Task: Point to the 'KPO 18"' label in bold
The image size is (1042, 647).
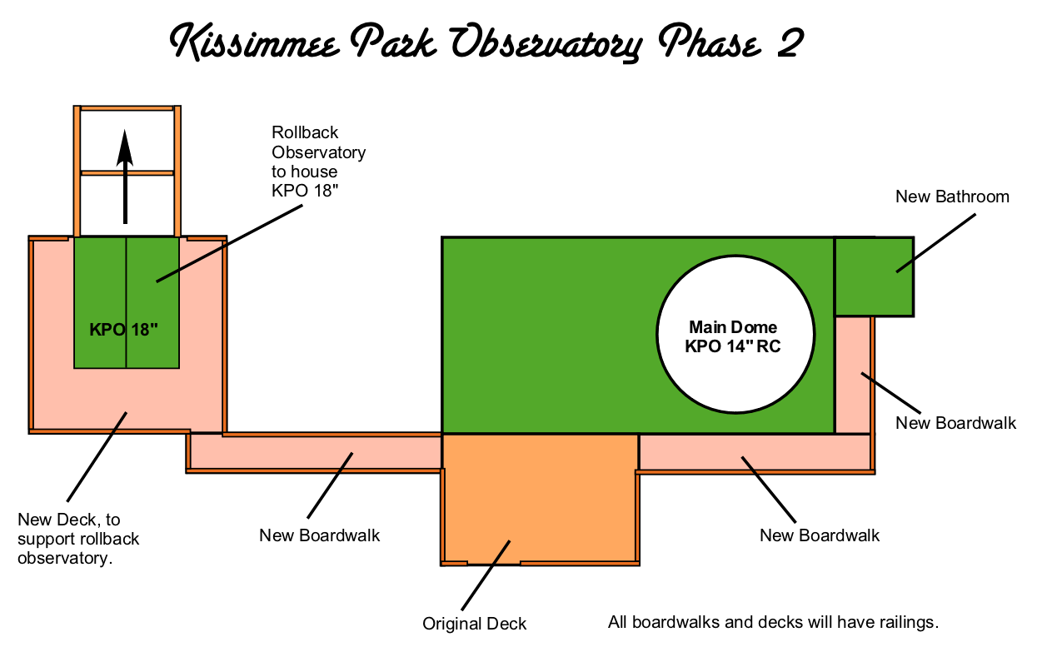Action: pyautogui.click(x=123, y=329)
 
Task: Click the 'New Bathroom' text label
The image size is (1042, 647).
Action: pyautogui.click(x=952, y=197)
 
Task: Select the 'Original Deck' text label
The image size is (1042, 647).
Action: pyautogui.click(x=474, y=624)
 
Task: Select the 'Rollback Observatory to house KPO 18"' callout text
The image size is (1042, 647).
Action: pyautogui.click(x=317, y=162)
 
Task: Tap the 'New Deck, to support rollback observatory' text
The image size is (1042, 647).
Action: pyautogui.click(x=78, y=539)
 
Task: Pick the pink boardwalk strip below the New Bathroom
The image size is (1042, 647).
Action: pyautogui.click(x=853, y=375)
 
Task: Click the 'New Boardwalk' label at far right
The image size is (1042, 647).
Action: pyautogui.click(x=955, y=423)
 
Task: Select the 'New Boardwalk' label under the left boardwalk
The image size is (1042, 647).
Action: pyautogui.click(x=319, y=535)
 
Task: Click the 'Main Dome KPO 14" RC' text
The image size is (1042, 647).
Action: pyautogui.click(x=733, y=337)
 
